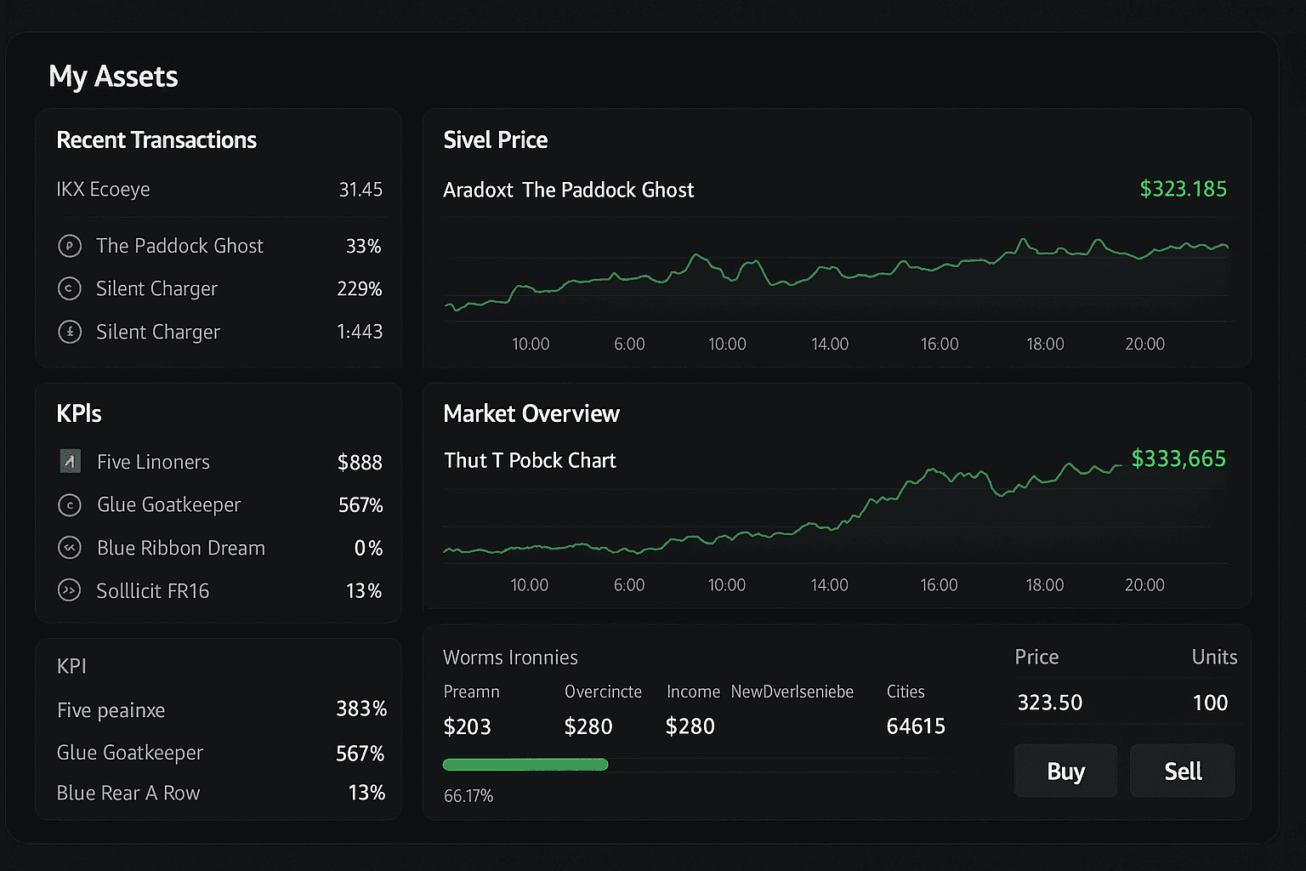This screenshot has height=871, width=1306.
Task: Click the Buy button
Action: coord(1065,771)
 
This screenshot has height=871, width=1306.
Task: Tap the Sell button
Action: coord(1182,771)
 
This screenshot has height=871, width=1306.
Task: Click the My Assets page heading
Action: coord(113,77)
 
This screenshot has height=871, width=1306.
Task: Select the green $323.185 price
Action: coord(1183,189)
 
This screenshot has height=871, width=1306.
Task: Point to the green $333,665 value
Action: coord(1178,458)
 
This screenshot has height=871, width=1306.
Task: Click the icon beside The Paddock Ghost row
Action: coord(70,246)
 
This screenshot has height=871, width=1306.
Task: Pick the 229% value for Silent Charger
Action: coord(359,288)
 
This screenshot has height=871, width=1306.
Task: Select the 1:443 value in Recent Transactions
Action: coord(359,332)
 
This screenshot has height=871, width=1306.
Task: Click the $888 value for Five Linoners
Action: coord(360,462)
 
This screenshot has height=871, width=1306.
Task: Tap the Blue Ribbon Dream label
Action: coord(181,548)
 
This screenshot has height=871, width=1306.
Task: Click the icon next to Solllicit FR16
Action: coord(69,590)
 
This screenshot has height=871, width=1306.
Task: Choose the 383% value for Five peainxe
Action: coord(361,709)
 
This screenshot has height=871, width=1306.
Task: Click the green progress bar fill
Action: coord(525,765)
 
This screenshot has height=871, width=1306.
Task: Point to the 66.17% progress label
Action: coord(468,796)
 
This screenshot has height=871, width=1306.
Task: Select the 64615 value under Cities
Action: coord(916,726)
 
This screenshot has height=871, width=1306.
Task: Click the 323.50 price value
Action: coord(1050,703)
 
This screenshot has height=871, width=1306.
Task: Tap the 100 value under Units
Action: coord(1210,703)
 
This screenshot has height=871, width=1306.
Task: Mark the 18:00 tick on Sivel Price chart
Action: coord(1045,344)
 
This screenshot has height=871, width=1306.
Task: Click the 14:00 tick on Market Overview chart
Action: coord(829,585)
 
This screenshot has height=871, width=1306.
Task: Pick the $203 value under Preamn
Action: coord(467,726)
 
